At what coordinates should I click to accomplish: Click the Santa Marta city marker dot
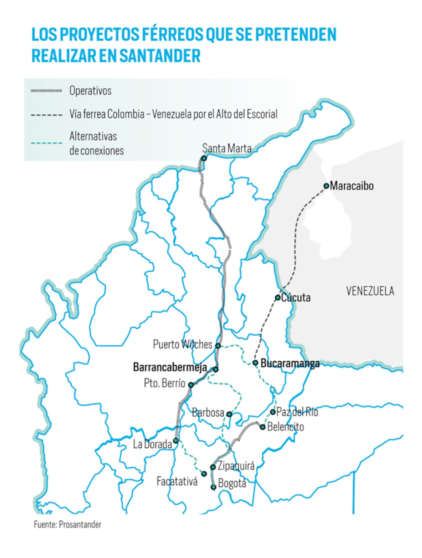pos(204,158)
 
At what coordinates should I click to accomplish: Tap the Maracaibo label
pos(351,186)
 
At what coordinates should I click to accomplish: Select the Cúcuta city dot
pos(277,298)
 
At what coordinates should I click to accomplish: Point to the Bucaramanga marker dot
pos(256,363)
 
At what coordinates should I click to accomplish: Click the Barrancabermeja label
pos(170,367)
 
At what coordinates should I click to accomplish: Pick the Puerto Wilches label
pos(182,344)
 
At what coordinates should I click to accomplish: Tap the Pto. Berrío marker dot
pos(191,385)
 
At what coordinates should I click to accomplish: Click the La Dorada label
pos(152,444)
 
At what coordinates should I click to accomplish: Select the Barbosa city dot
pos(229,414)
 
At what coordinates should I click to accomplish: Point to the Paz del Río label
pos(297,412)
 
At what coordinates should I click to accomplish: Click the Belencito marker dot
pos(263,427)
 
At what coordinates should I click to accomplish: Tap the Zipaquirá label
pos(236,466)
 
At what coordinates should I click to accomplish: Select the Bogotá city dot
pos(213,487)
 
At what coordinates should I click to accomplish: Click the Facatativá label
pos(177,481)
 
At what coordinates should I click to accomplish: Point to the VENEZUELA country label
pos(370,291)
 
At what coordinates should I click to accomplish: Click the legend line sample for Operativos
pos(46,91)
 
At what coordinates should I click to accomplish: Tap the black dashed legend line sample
pos(46,115)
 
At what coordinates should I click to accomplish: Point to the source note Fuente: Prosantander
pos(68,524)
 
